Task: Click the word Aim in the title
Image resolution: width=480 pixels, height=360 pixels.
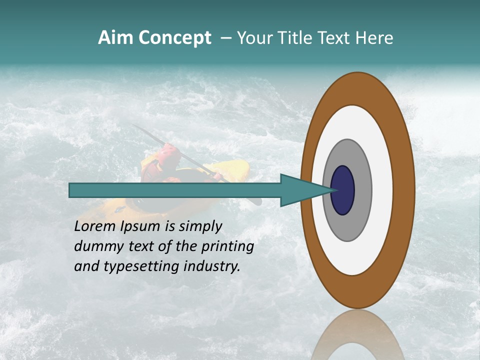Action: (x=115, y=38)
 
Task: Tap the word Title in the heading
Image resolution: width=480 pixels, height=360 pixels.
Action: (x=294, y=38)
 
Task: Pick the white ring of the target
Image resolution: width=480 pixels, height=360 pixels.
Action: (x=382, y=190)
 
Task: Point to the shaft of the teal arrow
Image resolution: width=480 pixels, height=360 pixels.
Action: (x=175, y=190)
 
